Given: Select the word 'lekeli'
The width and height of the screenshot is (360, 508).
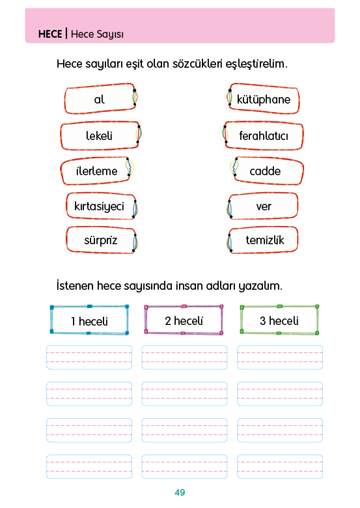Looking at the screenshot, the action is click(99, 135).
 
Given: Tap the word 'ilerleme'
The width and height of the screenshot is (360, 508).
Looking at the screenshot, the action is click(97, 171).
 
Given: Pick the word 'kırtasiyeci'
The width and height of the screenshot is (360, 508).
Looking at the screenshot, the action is click(99, 206).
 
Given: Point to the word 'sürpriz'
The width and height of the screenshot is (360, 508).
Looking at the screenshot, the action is click(101, 240).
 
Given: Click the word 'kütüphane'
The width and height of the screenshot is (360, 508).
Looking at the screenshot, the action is click(264, 100).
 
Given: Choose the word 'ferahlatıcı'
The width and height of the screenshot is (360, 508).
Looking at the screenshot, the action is click(264, 135).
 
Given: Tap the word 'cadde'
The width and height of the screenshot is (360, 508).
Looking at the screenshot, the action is click(265, 171).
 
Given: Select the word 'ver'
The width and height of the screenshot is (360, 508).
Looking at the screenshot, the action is click(264, 206).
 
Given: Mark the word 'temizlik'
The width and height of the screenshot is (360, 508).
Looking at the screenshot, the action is click(265, 240).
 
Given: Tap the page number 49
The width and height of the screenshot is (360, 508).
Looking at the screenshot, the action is click(180, 492).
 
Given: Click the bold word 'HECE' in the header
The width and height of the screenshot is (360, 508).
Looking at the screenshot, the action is click(50, 34).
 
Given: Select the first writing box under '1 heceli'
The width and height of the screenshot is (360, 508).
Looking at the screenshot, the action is click(89, 358).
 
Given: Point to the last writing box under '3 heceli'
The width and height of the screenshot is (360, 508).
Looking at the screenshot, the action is click(280, 466).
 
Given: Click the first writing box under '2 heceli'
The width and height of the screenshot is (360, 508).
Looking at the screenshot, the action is click(184, 358).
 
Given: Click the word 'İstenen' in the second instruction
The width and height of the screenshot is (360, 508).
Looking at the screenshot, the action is click(75, 286).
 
